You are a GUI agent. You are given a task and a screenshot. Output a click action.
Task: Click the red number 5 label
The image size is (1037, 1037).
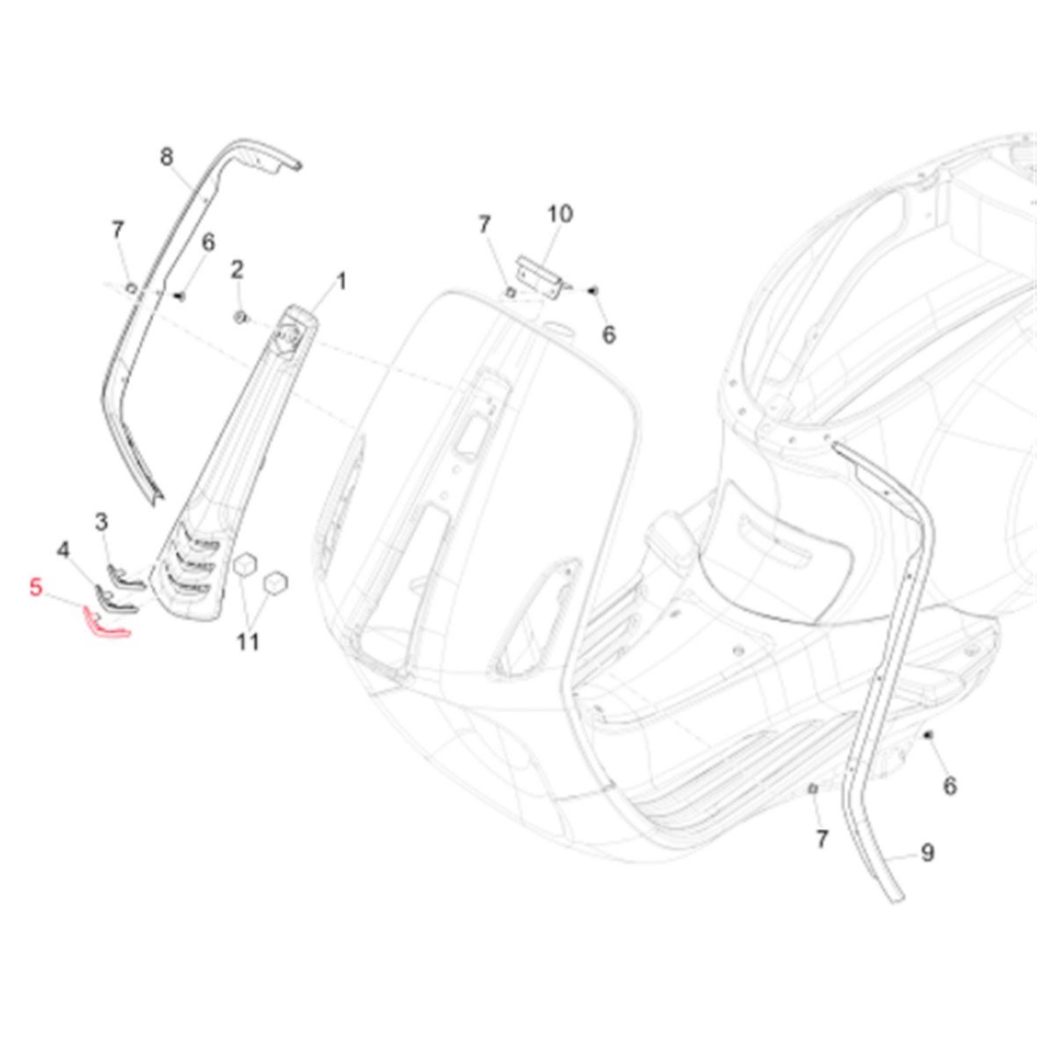click(x=36, y=587)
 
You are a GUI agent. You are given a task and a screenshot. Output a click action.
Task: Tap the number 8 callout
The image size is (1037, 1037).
click(x=167, y=156)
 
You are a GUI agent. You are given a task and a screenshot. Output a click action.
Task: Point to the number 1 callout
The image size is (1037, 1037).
click(x=341, y=281)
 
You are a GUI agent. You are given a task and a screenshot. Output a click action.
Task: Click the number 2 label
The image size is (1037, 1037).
click(x=236, y=269)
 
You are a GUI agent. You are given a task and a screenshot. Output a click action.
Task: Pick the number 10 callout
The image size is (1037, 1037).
click(x=560, y=214)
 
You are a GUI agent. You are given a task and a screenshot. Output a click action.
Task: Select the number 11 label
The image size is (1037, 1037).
click(x=248, y=641)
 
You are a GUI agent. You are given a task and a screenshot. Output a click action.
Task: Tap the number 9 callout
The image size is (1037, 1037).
click(x=928, y=852)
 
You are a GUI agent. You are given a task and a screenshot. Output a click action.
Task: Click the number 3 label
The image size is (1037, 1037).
click(x=101, y=522)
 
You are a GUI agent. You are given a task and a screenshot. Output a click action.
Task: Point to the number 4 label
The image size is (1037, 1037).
click(x=63, y=549)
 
